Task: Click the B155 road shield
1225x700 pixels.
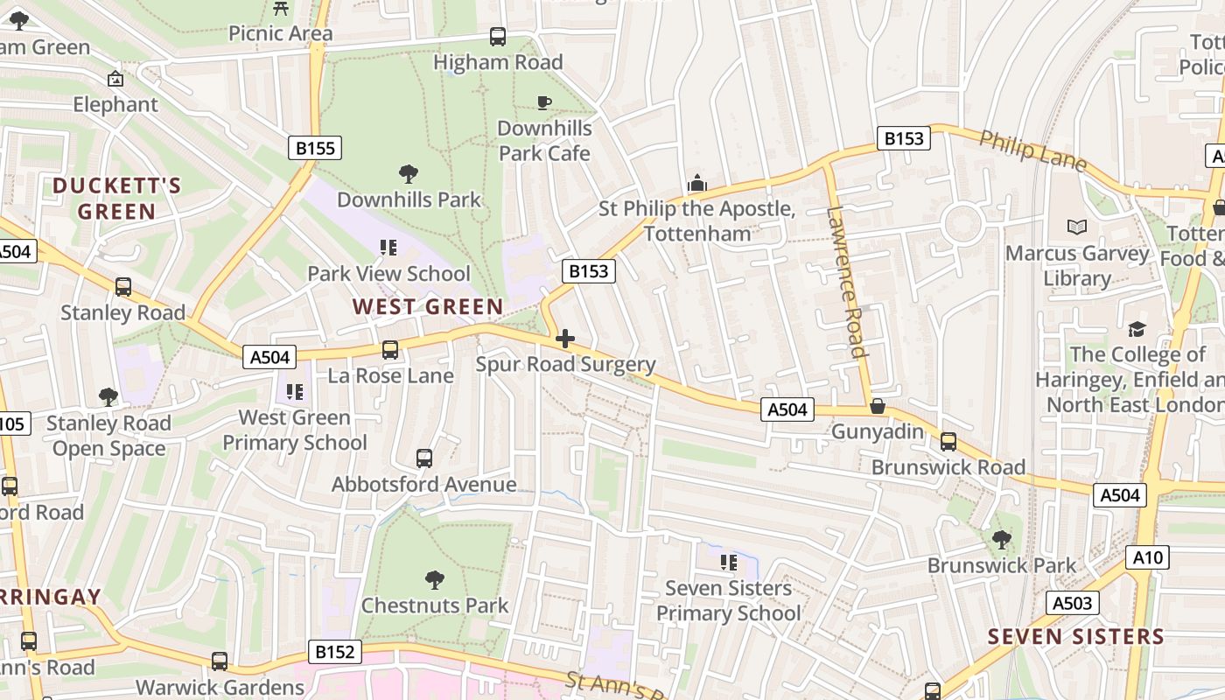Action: (315, 148)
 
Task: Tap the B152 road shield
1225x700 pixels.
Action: (334, 652)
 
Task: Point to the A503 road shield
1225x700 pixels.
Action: (1072, 603)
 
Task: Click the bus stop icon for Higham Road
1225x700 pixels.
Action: (498, 37)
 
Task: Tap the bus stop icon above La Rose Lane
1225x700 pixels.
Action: (390, 350)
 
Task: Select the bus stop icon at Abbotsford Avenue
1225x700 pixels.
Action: (424, 458)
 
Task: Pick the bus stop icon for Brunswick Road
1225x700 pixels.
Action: (948, 442)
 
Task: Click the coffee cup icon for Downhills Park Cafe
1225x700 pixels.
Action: (543, 102)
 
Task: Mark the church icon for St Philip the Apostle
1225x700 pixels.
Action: (696, 183)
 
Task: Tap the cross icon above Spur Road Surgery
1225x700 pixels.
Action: (565, 339)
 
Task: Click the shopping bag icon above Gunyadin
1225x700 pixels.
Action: (878, 407)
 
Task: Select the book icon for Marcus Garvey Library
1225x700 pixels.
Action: (1076, 227)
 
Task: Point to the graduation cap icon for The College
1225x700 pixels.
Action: (1137, 329)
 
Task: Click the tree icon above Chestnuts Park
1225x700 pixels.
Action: (434, 579)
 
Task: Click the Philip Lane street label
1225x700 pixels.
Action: (1032, 151)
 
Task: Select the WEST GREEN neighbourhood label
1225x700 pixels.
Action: (428, 307)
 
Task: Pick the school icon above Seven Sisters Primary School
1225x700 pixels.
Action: (728, 562)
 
